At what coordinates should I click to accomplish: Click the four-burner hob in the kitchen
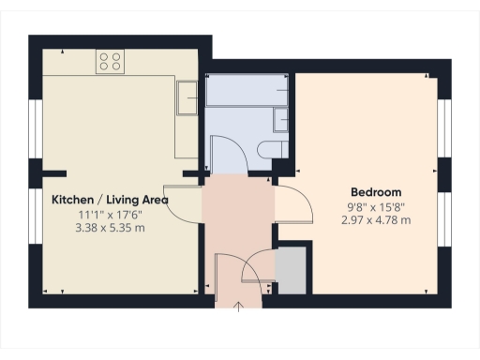tap(110, 62)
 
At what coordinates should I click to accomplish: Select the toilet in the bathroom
tap(274, 150)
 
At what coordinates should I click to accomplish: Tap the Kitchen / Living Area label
tap(110, 200)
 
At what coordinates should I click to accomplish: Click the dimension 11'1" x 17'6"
tap(110, 215)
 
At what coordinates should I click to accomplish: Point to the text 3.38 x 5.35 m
tap(110, 227)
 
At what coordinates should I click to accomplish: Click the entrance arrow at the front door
tap(238, 306)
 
